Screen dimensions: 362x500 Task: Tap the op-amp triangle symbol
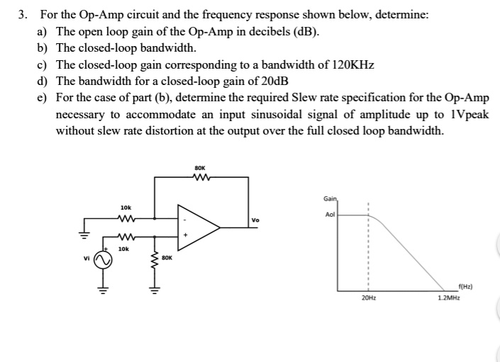199,227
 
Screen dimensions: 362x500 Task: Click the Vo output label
255,220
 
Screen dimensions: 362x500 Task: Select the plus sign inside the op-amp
186,236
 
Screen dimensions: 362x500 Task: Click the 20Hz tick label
368,298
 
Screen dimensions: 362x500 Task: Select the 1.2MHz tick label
448,298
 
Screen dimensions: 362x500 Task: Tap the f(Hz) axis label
465,286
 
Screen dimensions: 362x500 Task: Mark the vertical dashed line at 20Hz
368,248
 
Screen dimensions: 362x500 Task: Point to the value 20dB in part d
270,81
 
